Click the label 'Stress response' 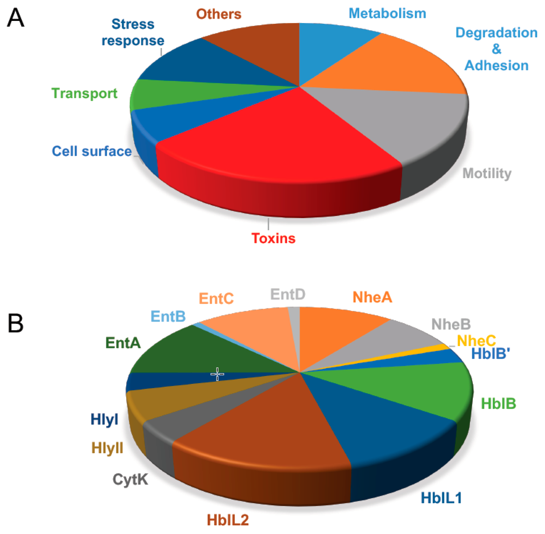pyautogui.click(x=133, y=32)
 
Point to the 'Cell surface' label pyautogui.click(x=91, y=151)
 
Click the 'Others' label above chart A pyautogui.click(x=219, y=14)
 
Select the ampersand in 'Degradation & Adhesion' pyautogui.click(x=496, y=49)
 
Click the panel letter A pyautogui.click(x=16, y=17)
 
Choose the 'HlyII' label pyautogui.click(x=107, y=448)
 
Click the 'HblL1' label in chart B pyautogui.click(x=441, y=498)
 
